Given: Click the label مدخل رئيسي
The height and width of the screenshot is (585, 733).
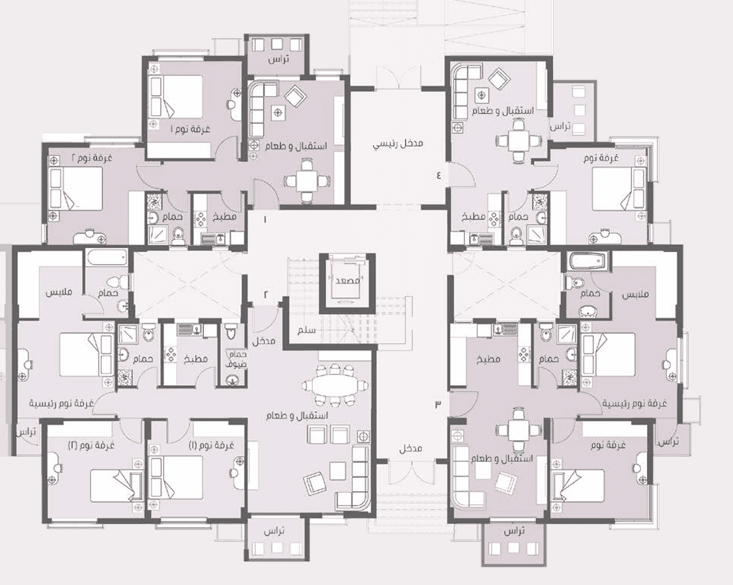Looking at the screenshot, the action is pos(398,143).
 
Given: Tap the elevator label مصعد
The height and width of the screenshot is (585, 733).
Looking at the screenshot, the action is pos(348,281).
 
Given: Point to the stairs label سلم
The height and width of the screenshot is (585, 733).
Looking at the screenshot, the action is pos(307,330).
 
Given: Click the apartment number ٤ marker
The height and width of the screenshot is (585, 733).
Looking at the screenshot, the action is pos(439,176).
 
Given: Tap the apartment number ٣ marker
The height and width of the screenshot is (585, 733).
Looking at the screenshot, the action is pos(438,404).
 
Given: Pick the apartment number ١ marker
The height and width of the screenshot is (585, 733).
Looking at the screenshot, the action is pos(264,219).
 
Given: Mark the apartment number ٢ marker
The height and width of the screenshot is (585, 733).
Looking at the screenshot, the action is pos(265,294).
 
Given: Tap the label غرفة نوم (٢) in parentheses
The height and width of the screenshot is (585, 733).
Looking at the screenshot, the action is pos(91,444).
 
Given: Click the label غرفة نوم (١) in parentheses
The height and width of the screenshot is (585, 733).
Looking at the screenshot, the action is pos(210,445).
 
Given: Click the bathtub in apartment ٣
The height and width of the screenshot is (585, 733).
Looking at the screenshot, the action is pos(588,261).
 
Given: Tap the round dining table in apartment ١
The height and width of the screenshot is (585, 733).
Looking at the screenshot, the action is pos(307,181).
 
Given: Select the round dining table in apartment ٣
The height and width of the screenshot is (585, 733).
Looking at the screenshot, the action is pos(519,430).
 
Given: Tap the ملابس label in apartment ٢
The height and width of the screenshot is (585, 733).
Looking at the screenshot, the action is pos(59,293).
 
